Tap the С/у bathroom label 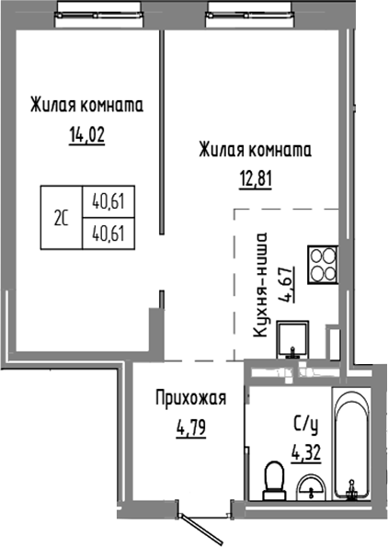click(x=307, y=426)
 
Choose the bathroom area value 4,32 click(x=306, y=451)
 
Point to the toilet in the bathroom click(x=272, y=478)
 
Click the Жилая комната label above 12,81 click(x=254, y=149)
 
